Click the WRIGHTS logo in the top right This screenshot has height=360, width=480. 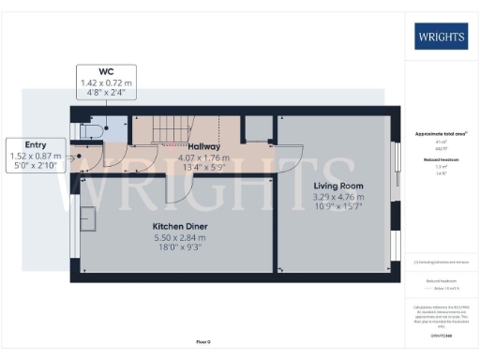point(442,38)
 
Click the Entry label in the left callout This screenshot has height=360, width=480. point(37,145)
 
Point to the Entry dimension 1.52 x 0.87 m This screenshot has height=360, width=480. point(37,156)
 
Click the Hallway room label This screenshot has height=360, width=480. point(203,146)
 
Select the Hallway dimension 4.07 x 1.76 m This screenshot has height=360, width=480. point(203,157)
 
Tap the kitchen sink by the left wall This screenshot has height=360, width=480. point(90,219)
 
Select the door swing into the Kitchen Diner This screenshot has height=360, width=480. point(178,187)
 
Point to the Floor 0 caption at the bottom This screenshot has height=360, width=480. point(203,342)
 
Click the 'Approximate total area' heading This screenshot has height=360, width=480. point(441,134)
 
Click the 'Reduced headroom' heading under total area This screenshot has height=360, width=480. point(441,159)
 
